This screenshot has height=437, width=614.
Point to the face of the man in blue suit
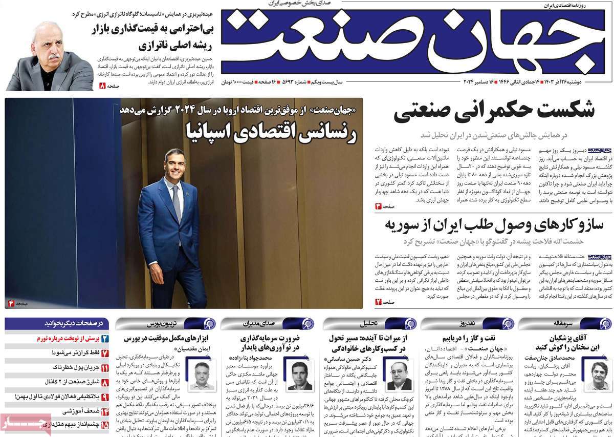tap(174, 164)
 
